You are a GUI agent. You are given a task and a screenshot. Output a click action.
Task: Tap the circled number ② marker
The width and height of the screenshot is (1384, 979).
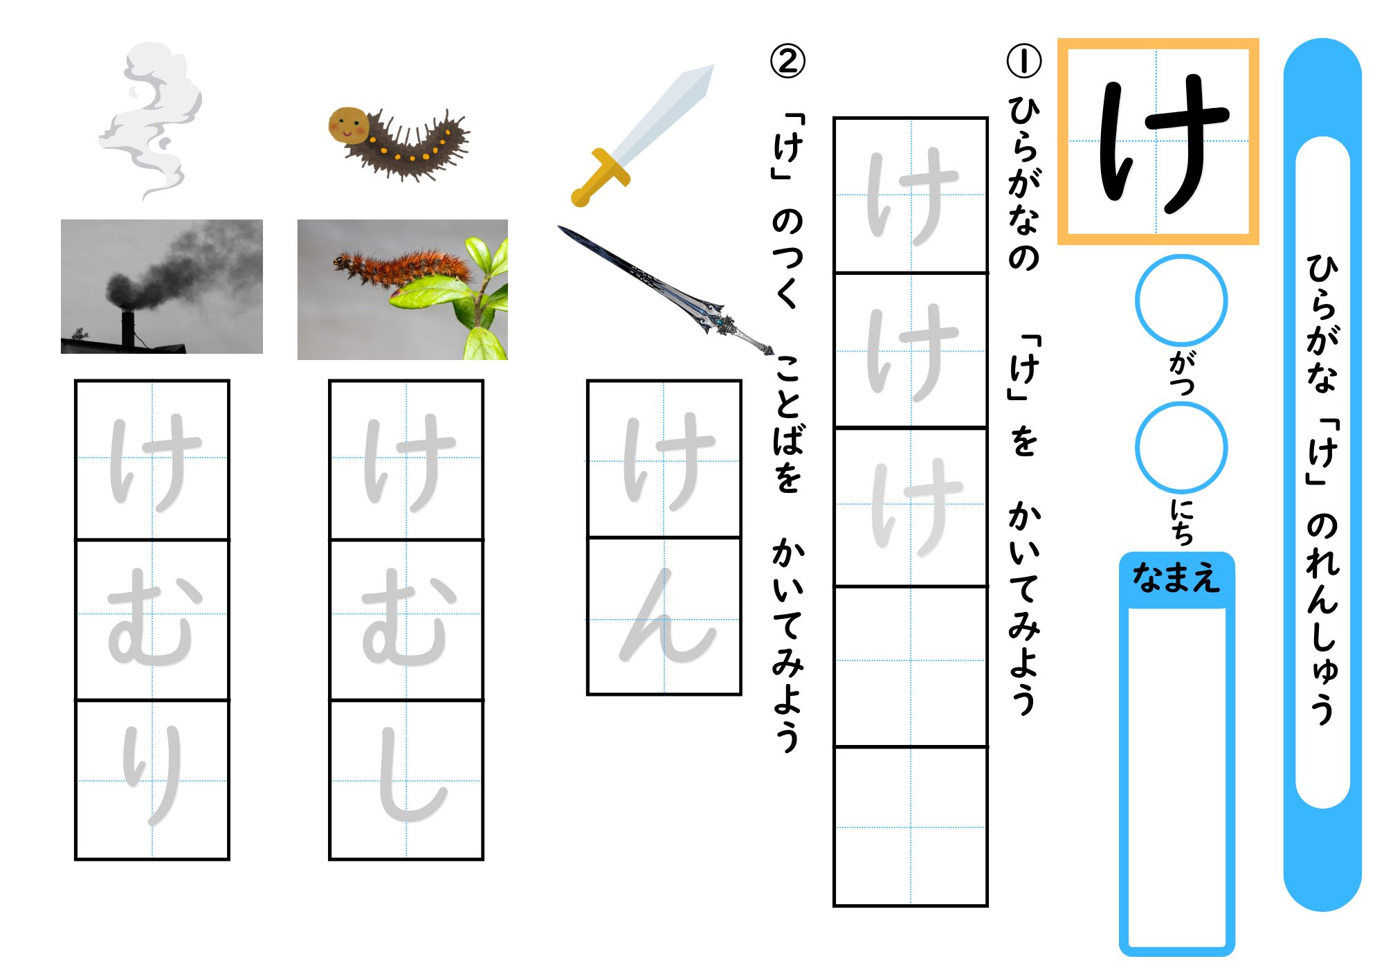tap(787, 61)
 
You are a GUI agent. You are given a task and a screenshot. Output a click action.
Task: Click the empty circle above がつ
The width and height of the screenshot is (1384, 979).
tap(1181, 300)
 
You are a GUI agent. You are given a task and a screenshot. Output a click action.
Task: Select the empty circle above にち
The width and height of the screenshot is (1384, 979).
tap(1181, 448)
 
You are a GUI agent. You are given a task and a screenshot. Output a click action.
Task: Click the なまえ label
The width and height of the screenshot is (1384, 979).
tap(1176, 577)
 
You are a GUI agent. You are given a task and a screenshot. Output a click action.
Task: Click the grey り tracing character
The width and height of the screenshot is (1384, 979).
tap(152, 775)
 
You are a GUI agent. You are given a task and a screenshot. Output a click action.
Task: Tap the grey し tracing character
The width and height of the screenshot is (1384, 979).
tap(408, 779)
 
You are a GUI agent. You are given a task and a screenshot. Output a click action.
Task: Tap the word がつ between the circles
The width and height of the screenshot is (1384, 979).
tap(1181, 374)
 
